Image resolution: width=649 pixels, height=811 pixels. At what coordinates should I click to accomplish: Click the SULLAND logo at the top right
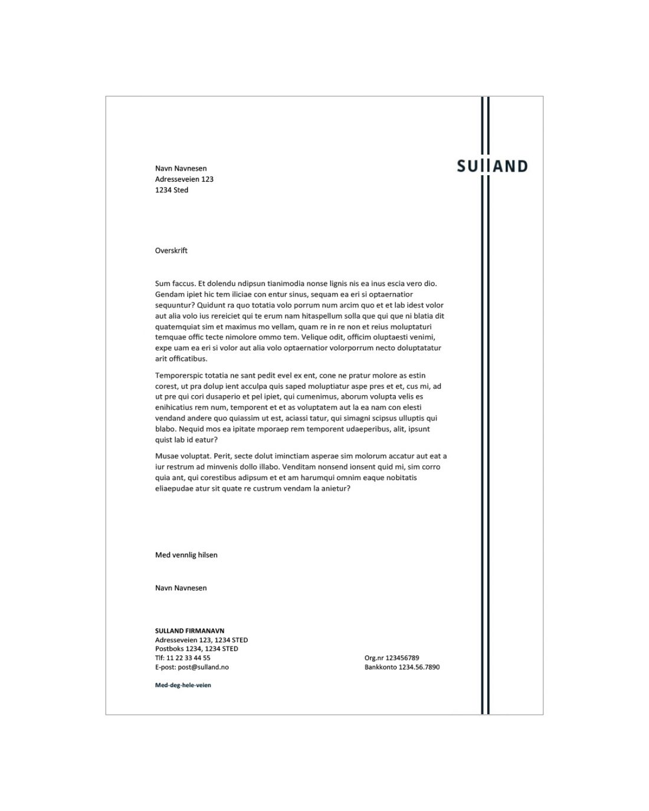[492, 166]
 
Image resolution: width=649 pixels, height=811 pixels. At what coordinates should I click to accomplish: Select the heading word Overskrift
[171, 251]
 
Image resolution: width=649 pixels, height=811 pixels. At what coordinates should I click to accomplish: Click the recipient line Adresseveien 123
[184, 179]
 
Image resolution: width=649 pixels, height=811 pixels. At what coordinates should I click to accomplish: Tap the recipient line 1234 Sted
[172, 190]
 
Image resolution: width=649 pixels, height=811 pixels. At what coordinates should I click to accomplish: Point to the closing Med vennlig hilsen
[186, 555]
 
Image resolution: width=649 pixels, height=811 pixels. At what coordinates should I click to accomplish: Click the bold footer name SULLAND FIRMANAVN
[189, 631]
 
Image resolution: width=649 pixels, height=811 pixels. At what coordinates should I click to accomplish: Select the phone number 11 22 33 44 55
[188, 658]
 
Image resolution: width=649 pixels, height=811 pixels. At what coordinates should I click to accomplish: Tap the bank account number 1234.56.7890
[419, 667]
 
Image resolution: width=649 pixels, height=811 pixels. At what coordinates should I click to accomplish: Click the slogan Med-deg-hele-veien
[183, 685]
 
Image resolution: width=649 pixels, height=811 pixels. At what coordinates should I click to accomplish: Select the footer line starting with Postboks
[196, 649]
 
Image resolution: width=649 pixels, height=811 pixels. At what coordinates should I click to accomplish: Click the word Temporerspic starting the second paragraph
[179, 376]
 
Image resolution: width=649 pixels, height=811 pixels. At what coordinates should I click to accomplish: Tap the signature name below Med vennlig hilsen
[181, 588]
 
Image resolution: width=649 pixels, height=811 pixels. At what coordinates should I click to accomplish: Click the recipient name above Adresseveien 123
[181, 169]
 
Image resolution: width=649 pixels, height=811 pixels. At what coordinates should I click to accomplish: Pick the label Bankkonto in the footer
[381, 667]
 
